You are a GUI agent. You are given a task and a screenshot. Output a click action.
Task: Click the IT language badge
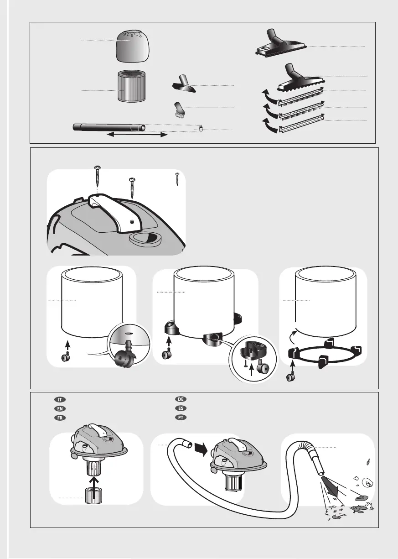[x=60, y=400]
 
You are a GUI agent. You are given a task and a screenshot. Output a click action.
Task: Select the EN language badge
[x=60, y=408]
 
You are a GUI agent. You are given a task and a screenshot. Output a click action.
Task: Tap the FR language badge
[x=60, y=418]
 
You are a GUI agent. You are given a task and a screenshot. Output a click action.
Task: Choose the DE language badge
[x=181, y=399]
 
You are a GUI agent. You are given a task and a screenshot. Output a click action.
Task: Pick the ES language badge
[x=181, y=408]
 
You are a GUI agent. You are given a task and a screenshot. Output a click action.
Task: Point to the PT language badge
[x=181, y=417]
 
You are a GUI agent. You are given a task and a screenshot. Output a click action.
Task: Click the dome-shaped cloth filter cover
[x=133, y=46]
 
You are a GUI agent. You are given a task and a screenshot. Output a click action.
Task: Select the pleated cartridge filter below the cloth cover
[x=131, y=86]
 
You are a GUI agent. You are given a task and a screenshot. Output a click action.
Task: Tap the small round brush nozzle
[x=178, y=110]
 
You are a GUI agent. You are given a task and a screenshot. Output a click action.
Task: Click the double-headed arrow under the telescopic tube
[x=137, y=135]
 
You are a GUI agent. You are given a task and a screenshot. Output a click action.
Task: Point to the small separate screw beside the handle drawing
[x=177, y=179]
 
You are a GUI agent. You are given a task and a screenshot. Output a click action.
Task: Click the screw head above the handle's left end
[x=97, y=168]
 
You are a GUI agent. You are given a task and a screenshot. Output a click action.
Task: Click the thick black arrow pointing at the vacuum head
[x=201, y=450]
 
